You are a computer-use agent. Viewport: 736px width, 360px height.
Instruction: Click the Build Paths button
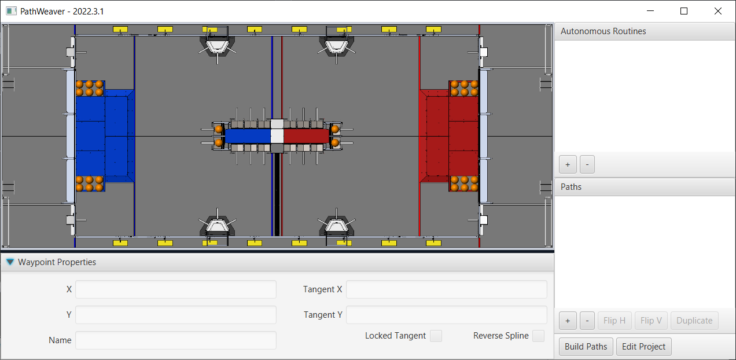pyautogui.click(x=586, y=347)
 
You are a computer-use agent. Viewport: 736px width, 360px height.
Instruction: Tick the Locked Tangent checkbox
pyautogui.click(x=436, y=336)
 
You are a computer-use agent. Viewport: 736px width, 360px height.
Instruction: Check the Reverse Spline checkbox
pyautogui.click(x=538, y=336)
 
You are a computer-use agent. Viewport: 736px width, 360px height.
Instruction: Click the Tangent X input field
pyautogui.click(x=446, y=289)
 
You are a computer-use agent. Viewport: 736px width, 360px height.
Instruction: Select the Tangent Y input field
pyautogui.click(x=446, y=315)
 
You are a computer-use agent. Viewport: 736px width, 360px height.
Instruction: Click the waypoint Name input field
pyautogui.click(x=176, y=340)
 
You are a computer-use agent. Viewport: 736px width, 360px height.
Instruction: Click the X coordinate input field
pyautogui.click(x=176, y=289)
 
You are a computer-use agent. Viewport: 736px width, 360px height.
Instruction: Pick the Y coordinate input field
pyautogui.click(x=176, y=315)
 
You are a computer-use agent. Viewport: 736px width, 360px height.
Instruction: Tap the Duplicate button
pyautogui.click(x=694, y=321)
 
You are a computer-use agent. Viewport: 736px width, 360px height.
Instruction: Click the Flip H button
pyautogui.click(x=614, y=321)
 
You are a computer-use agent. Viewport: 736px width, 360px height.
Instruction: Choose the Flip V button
pyautogui.click(x=651, y=321)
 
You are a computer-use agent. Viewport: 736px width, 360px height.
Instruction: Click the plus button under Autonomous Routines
pyautogui.click(x=568, y=164)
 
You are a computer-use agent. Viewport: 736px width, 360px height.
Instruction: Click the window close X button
pyautogui.click(x=718, y=11)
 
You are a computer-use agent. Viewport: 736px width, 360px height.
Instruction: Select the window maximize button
pyautogui.click(x=684, y=11)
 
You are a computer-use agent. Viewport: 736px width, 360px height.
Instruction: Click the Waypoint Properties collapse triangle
pyautogui.click(x=10, y=262)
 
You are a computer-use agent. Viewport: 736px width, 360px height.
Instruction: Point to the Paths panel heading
pyautogui.click(x=571, y=187)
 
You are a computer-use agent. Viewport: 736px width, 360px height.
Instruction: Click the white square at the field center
pyautogui.click(x=277, y=135)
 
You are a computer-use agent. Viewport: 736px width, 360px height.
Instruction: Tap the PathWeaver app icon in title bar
pyautogui.click(x=11, y=11)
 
